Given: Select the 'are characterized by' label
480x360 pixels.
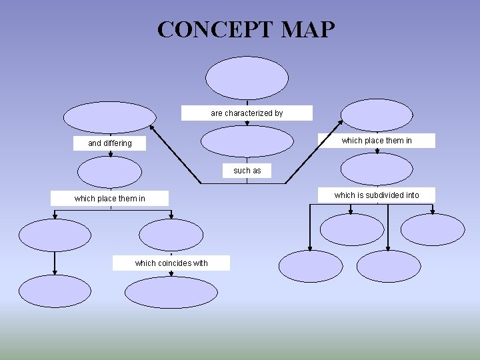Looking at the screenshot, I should (247, 113).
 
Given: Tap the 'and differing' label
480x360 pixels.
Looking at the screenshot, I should (110, 143).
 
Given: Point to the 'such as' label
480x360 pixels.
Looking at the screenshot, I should (247, 171).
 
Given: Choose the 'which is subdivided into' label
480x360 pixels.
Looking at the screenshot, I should (377, 195).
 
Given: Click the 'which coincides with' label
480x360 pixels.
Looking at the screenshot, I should (171, 263).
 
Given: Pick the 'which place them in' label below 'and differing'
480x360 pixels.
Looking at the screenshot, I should (110, 199).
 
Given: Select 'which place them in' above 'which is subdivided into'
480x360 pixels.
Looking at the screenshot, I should (377, 141).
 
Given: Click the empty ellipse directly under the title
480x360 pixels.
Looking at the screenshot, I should (247, 78).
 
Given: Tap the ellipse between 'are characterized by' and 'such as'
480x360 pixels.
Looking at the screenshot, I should (247, 141).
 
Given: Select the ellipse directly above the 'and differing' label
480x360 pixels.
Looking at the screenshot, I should (109, 117).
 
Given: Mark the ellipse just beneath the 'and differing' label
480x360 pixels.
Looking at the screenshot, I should (109, 171).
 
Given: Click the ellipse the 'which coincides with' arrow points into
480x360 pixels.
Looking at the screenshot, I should (171, 291).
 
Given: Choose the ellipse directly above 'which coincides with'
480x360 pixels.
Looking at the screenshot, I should (171, 235).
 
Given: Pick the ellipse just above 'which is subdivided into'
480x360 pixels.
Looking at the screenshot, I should (378, 169).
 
